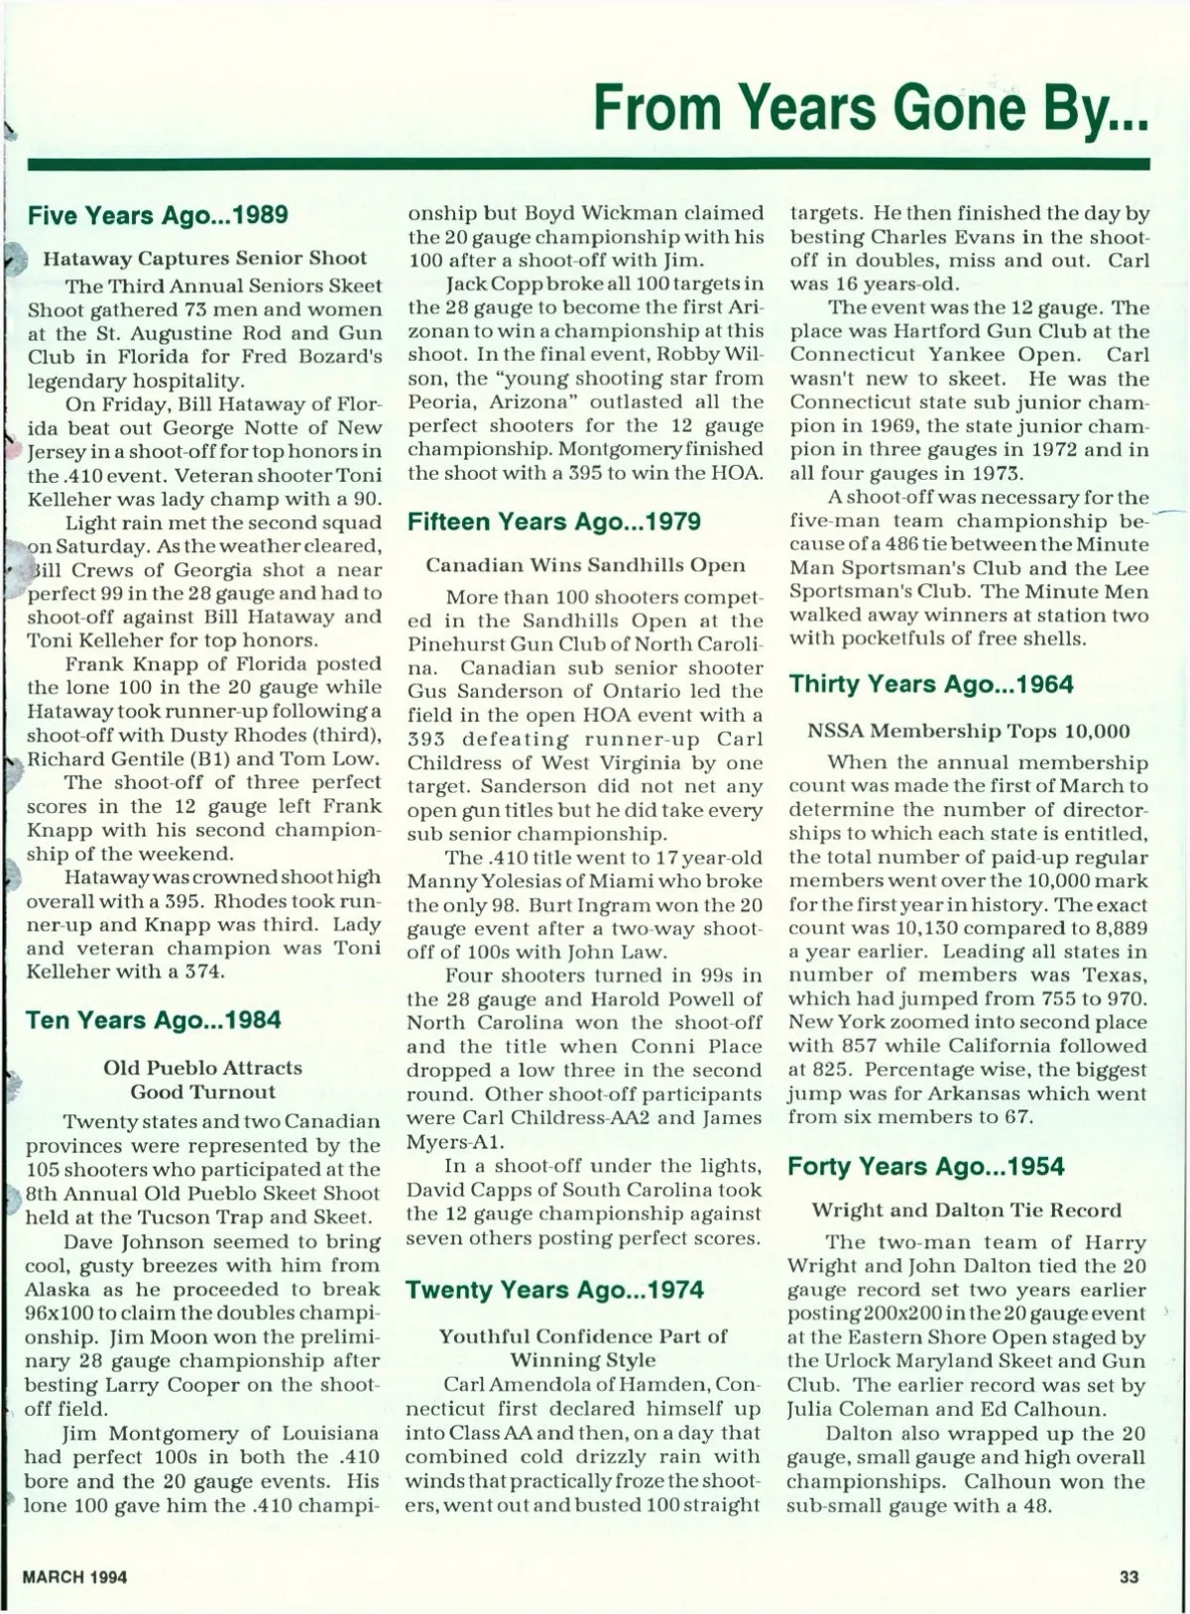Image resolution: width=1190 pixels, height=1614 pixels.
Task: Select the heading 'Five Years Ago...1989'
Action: coord(158,215)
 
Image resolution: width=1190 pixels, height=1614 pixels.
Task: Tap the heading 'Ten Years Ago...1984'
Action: coord(154,1020)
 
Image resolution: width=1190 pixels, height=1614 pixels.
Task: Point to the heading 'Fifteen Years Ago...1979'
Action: coord(554,521)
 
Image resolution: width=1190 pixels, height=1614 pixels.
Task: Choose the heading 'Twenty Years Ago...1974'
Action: coord(554,1290)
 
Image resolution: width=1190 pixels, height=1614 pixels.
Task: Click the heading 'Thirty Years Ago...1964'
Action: coord(931,684)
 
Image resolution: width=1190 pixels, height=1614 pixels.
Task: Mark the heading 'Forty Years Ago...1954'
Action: coord(926,1167)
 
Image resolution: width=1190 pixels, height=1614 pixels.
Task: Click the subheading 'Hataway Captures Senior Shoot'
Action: coord(204,258)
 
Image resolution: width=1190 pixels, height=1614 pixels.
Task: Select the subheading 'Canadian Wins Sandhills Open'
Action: coord(585,565)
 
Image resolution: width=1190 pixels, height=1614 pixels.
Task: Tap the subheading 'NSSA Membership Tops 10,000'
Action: coord(968,732)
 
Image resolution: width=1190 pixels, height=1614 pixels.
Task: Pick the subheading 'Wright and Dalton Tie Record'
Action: coord(967,1210)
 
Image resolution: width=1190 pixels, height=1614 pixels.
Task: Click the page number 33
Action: coord(1129,1576)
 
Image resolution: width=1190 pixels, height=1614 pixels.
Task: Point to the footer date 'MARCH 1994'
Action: coord(75,1576)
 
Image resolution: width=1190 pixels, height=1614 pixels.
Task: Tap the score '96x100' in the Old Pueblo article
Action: coord(62,1313)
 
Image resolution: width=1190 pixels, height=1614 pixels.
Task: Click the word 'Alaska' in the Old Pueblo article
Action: coord(59,1289)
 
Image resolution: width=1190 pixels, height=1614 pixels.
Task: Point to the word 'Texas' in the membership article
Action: coord(1115,976)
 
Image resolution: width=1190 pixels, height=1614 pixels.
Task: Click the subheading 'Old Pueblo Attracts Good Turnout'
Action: coord(202,1080)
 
